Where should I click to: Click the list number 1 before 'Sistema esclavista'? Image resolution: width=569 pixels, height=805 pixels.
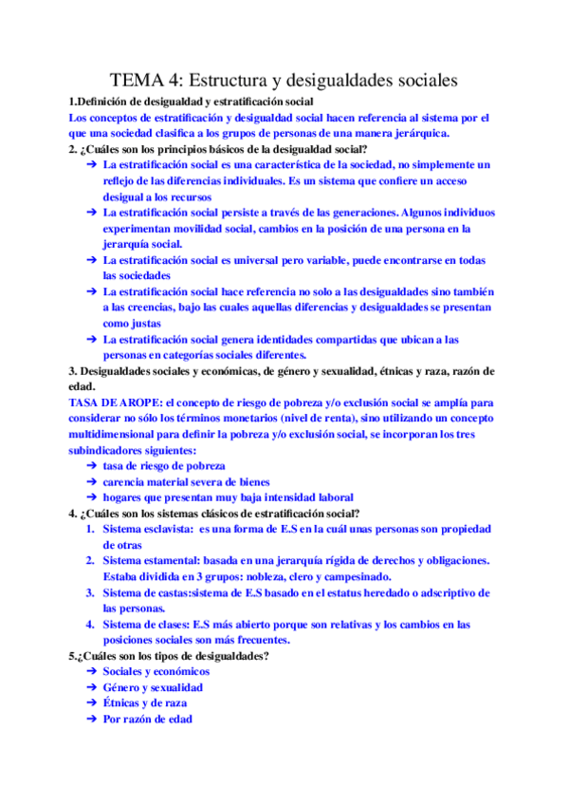point(90,530)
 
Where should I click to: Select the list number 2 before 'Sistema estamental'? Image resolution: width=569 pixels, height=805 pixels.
point(90,562)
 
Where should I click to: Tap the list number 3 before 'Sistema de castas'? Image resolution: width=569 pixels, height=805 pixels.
point(90,593)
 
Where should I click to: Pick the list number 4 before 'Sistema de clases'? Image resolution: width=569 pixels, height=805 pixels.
point(90,626)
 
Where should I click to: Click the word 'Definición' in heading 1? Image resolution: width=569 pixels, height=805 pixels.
point(106,102)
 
